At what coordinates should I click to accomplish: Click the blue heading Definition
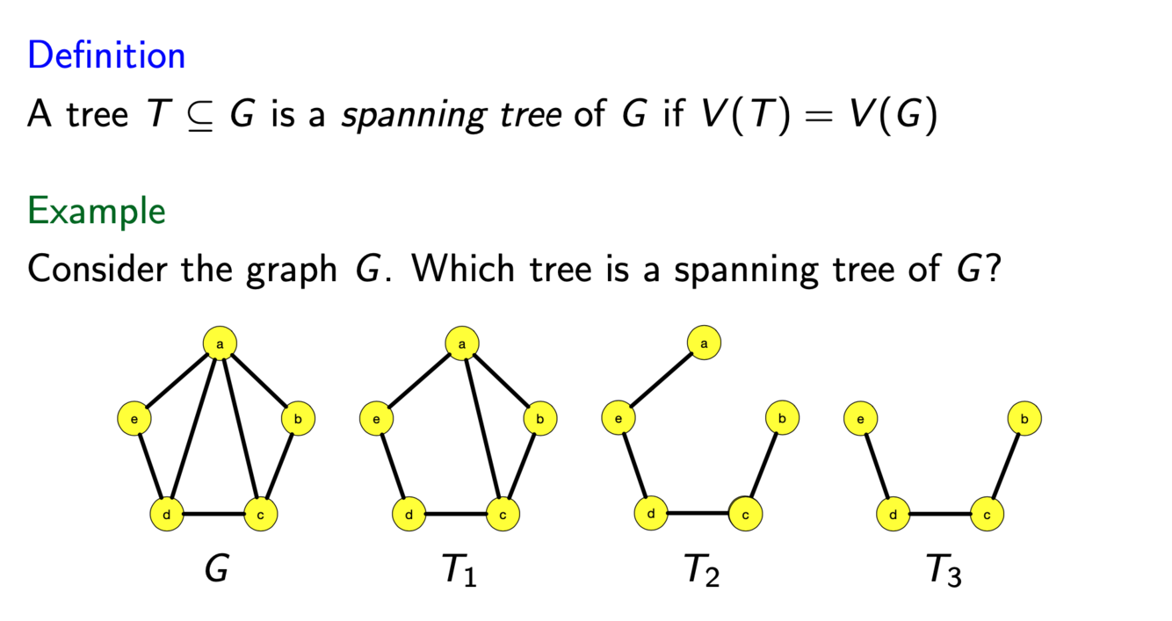(106, 55)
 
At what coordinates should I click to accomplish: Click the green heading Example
(97, 212)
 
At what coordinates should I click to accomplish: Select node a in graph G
(221, 343)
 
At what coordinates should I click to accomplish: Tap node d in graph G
(167, 514)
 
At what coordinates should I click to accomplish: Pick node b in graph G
(298, 420)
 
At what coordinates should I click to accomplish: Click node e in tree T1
(376, 420)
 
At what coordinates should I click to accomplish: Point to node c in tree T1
(503, 514)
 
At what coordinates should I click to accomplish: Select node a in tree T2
(704, 343)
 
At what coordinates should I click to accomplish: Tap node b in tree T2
(782, 418)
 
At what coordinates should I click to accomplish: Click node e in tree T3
(860, 419)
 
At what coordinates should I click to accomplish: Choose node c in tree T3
(987, 514)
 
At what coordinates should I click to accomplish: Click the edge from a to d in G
(194, 428)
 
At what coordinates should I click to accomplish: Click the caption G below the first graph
(215, 571)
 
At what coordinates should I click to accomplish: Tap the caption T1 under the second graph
(459, 572)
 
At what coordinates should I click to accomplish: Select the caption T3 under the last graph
(944, 572)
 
